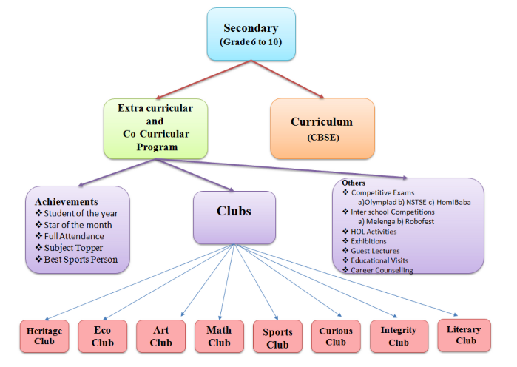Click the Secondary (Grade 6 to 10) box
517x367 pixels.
[x=251, y=34]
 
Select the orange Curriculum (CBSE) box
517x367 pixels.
[x=322, y=128]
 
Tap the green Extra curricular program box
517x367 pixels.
[x=155, y=128]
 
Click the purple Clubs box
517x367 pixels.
[x=234, y=217]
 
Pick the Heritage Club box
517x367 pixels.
[x=44, y=337]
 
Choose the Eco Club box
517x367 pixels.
[x=103, y=337]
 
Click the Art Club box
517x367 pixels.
[x=161, y=337]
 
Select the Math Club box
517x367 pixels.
[x=220, y=337]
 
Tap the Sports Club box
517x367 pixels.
[x=277, y=338]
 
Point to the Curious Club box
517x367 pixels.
[x=336, y=337]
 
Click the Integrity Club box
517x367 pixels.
[x=399, y=336]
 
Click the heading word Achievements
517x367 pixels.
[x=67, y=201]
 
